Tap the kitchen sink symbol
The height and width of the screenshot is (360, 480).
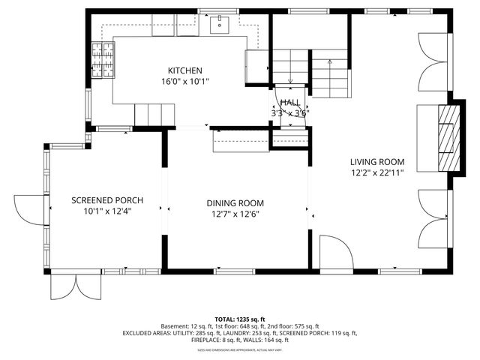pyautogui.click(x=220, y=25)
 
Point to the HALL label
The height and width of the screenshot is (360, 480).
pyautogui.click(x=289, y=103)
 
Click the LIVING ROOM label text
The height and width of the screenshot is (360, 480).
pyautogui.click(x=377, y=161)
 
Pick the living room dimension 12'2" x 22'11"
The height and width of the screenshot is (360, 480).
pyautogui.click(x=377, y=172)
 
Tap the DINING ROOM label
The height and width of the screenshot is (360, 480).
pyautogui.click(x=235, y=202)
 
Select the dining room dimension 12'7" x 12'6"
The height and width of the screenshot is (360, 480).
pyautogui.click(x=235, y=214)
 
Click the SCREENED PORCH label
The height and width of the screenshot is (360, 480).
pyautogui.click(x=107, y=200)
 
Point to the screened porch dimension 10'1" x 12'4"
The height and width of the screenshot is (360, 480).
pyautogui.click(x=107, y=211)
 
